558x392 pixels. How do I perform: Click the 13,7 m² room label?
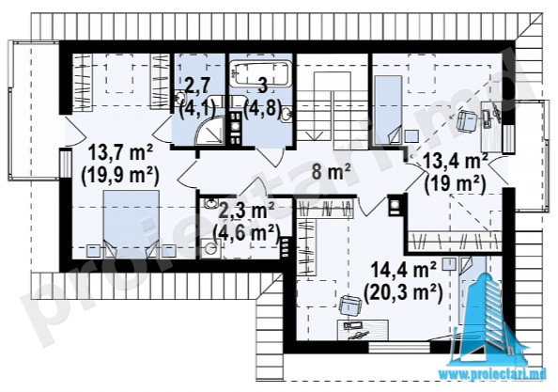120,154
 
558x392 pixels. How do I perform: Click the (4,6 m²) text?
245,233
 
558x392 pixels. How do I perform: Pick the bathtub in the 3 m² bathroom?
259,73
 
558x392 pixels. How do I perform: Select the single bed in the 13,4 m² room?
389,109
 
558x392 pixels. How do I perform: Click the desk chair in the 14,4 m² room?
350,306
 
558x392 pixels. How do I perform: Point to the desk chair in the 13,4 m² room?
468,119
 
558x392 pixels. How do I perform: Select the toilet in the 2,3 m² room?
210,248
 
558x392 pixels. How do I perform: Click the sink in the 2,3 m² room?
211,203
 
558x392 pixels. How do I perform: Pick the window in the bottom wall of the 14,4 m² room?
399,347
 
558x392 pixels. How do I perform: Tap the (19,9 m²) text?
120,176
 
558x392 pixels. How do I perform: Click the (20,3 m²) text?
403,293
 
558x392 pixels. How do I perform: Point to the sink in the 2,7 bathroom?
180,97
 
